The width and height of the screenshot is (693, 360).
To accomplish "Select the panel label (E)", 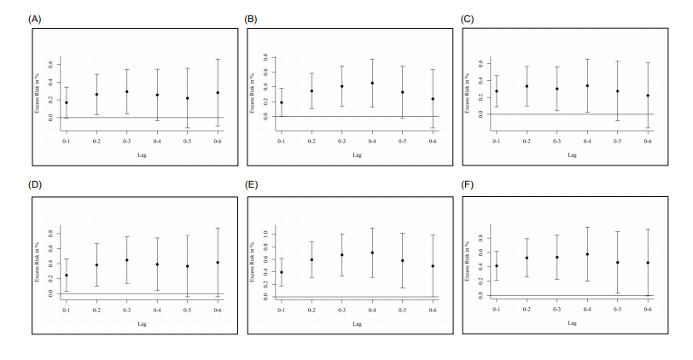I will [x=252, y=184].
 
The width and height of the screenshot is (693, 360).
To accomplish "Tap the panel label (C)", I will [x=468, y=18].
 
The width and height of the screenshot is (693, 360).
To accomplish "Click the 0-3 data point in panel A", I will [x=126, y=91].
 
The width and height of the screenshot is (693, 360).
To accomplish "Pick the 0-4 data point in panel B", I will [x=372, y=83].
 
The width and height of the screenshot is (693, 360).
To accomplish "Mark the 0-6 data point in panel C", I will [x=648, y=96].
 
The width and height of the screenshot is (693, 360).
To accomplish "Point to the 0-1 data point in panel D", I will [x=67, y=275].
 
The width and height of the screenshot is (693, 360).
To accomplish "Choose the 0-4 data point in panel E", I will [x=372, y=253].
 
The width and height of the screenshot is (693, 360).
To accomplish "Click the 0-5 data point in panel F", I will [x=617, y=262].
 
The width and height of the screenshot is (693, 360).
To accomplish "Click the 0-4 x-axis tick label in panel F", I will [x=587, y=310].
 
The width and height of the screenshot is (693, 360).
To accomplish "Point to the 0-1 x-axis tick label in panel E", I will [x=282, y=310].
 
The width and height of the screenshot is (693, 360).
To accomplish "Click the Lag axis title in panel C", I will [x=572, y=154].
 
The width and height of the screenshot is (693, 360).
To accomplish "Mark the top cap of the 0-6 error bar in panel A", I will [x=218, y=60].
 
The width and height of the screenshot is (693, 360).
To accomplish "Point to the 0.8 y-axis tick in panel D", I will [x=49, y=232].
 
